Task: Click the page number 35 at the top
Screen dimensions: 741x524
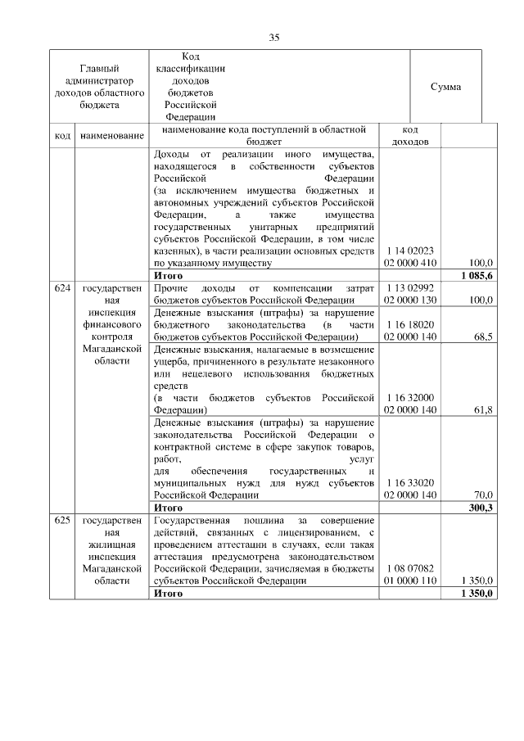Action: pos(274,37)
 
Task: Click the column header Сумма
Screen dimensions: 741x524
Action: pos(445,87)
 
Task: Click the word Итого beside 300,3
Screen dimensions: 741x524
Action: pos(168,508)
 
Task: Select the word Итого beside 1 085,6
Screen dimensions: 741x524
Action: pos(168,276)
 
